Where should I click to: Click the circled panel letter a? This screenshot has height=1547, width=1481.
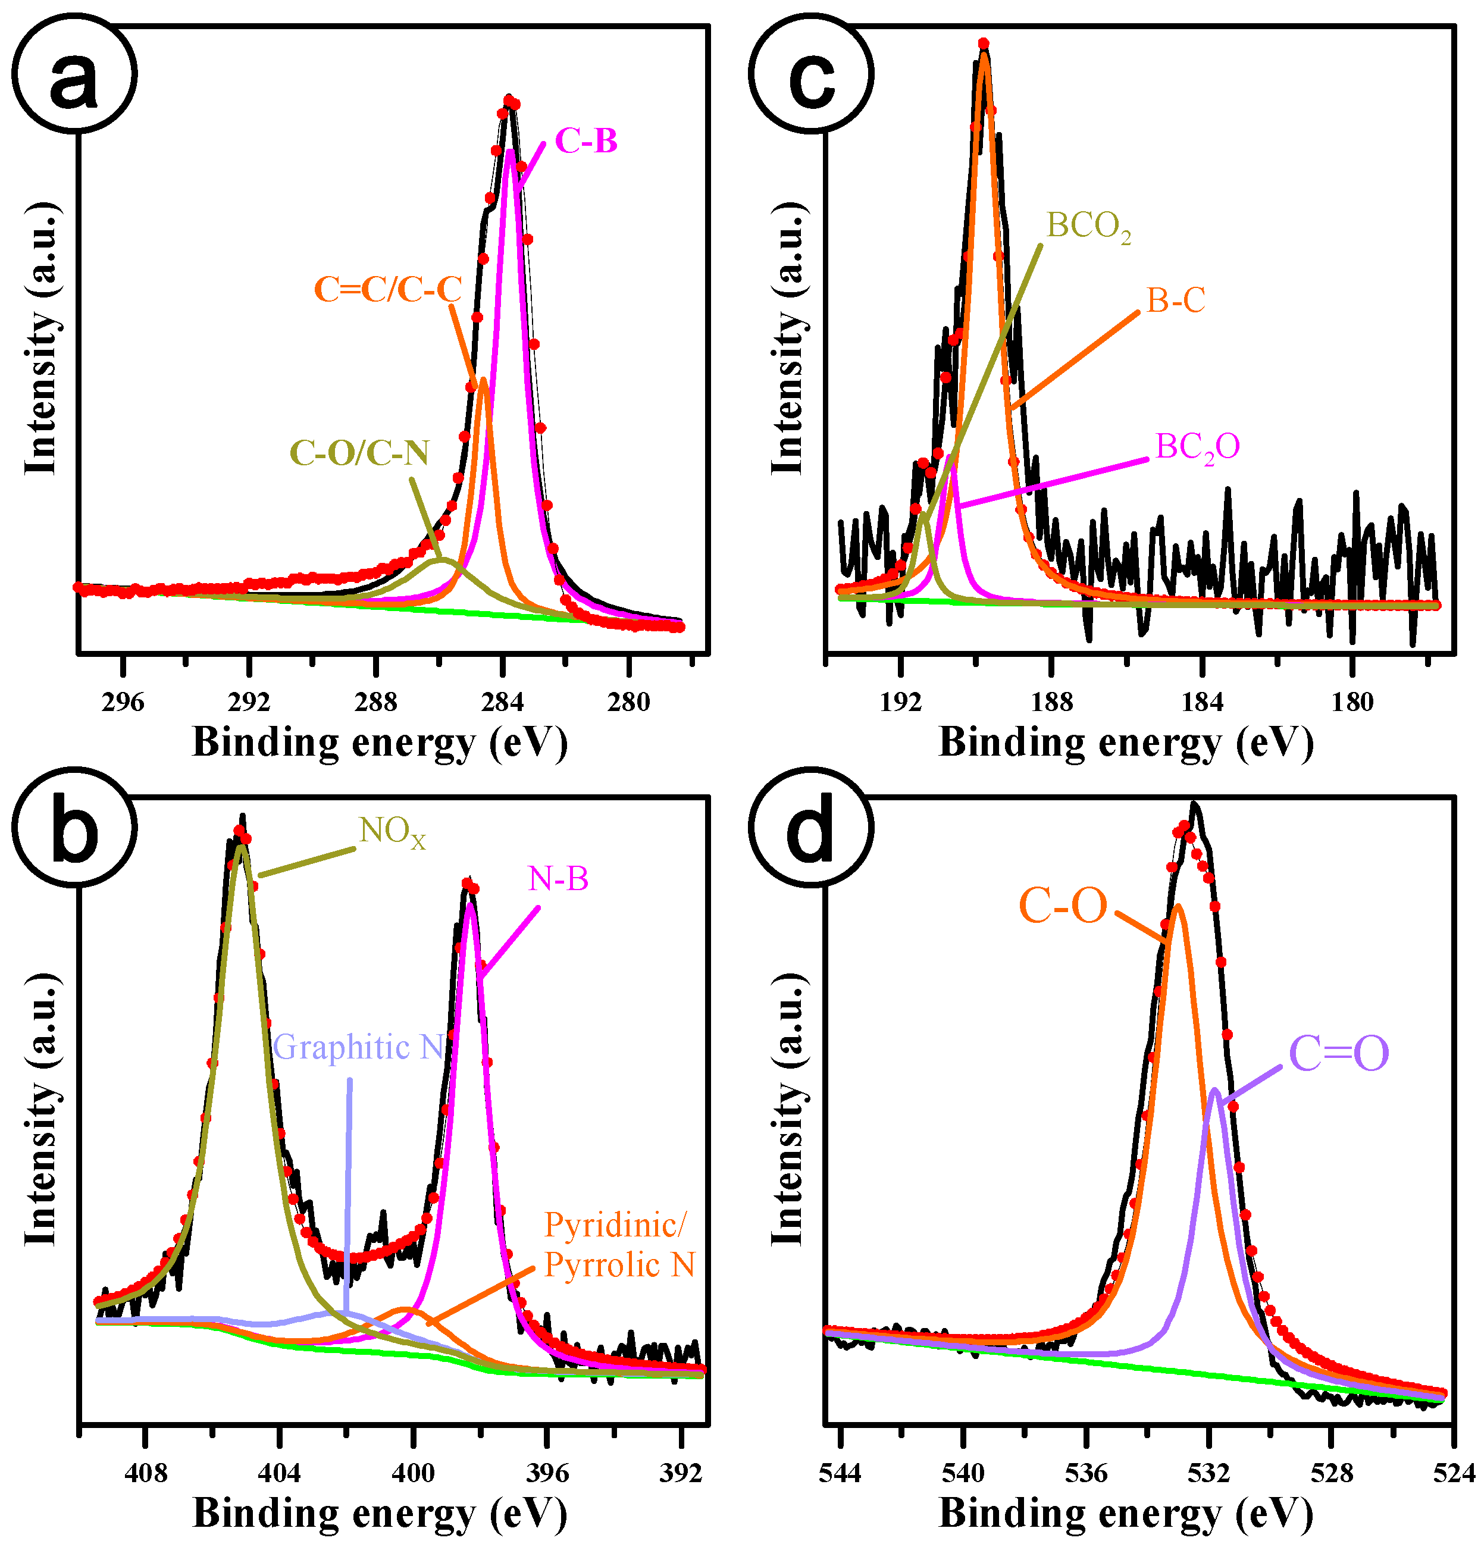tap(73, 75)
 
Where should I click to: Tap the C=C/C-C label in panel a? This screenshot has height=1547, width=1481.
tap(387, 290)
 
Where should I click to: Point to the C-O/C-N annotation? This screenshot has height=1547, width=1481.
tap(359, 453)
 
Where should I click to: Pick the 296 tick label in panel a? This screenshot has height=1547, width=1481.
tap(123, 701)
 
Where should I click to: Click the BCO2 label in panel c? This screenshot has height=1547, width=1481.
tap(1088, 227)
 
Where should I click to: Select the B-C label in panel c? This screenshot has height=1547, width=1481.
tap(1176, 300)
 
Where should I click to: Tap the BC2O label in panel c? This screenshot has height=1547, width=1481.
tap(1197, 448)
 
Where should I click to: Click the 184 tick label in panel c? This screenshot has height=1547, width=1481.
tap(1201, 701)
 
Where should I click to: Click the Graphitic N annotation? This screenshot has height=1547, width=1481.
tap(359, 1047)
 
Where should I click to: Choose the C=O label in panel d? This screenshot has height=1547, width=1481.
tap(1339, 1054)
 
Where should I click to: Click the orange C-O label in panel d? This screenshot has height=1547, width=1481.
tap(1063, 906)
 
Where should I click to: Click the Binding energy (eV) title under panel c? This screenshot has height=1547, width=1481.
tap(1126, 743)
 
